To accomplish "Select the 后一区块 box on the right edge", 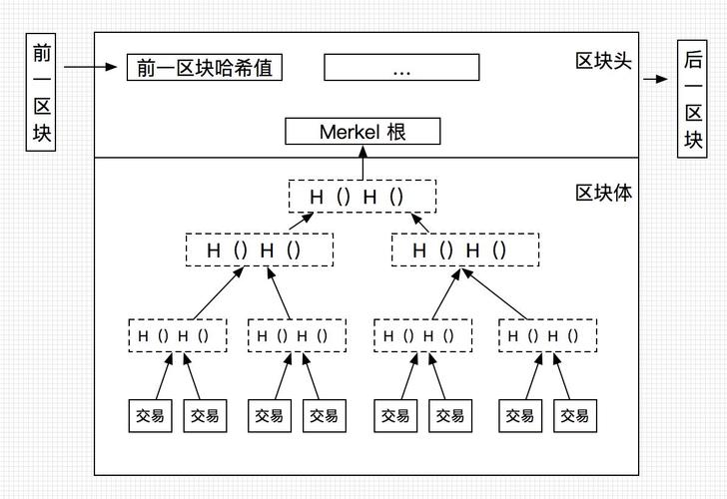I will click(x=693, y=100).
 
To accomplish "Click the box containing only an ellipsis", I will click(x=401, y=68).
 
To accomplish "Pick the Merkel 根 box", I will click(x=348, y=131).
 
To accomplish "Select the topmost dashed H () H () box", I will click(x=363, y=197).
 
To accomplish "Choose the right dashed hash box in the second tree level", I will click(x=464, y=249).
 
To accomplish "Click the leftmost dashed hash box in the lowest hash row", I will click(x=178, y=335).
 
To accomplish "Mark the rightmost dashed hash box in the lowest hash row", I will click(x=547, y=335).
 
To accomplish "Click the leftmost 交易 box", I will click(x=150, y=415).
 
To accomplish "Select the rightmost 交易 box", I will click(x=575, y=415).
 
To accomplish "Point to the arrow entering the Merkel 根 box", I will click(x=348, y=163).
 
